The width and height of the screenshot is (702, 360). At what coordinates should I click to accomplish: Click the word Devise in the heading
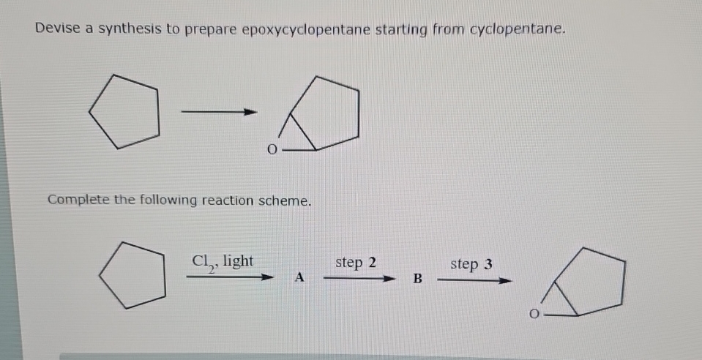click(56, 29)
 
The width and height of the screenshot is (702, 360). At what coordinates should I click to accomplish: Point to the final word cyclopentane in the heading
click(518, 30)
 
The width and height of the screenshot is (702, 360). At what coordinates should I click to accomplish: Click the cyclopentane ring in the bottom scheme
click(132, 272)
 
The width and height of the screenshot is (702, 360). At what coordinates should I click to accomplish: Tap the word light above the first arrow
click(238, 260)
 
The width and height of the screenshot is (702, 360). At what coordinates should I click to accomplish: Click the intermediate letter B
click(418, 278)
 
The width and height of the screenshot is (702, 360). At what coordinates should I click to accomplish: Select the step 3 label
click(471, 263)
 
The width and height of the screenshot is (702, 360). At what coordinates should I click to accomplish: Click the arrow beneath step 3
click(474, 279)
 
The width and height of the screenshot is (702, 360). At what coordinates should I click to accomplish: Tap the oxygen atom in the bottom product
click(535, 315)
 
